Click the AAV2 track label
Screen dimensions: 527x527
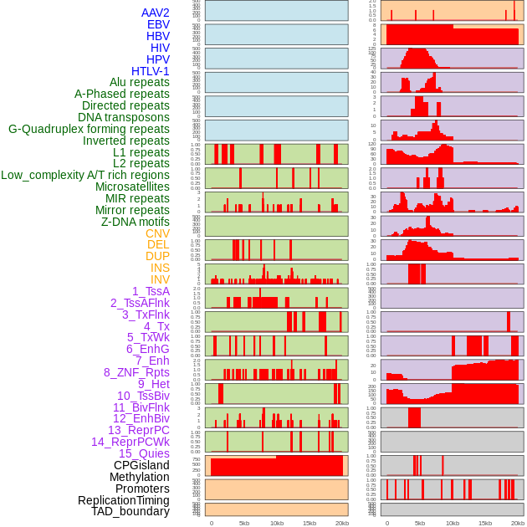coord(156,13)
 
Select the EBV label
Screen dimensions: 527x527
coord(158,24)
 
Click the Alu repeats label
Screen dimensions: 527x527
coord(140,82)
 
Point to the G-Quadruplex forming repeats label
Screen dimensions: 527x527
coord(89,129)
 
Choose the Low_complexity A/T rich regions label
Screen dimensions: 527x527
coord(85,175)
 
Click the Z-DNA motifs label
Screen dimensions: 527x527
coord(136,222)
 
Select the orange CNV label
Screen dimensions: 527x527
coord(157,233)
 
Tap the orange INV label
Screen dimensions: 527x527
coord(160,279)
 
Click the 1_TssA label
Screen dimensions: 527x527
coord(151,291)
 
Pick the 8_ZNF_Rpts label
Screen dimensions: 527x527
coord(136,372)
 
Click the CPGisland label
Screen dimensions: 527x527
coord(141,465)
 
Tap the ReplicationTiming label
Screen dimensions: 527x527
coord(124,500)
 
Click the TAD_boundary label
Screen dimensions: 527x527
coord(130,511)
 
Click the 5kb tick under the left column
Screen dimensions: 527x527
coord(244,523)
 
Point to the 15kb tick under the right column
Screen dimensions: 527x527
coord(484,523)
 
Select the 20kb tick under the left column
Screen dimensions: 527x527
coord(342,523)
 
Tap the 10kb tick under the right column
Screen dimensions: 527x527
coord(453,523)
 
